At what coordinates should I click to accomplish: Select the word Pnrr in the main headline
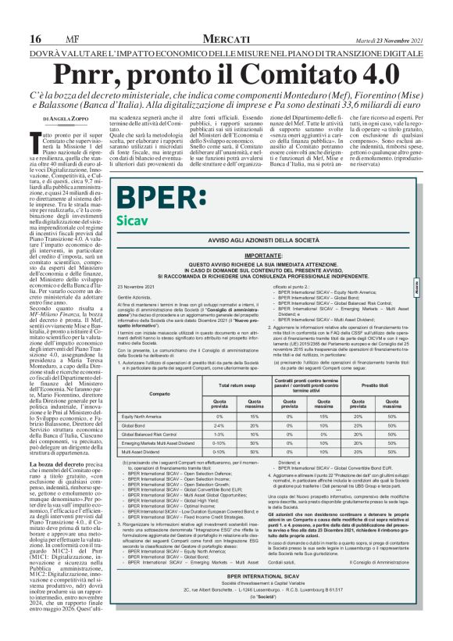[119, 54]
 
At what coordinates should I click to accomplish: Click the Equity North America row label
[144, 417]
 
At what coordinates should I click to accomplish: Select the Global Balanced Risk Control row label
[151, 434]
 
